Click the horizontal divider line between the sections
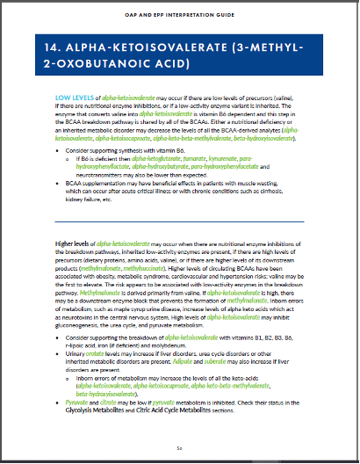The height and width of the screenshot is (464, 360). click(179, 221)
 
